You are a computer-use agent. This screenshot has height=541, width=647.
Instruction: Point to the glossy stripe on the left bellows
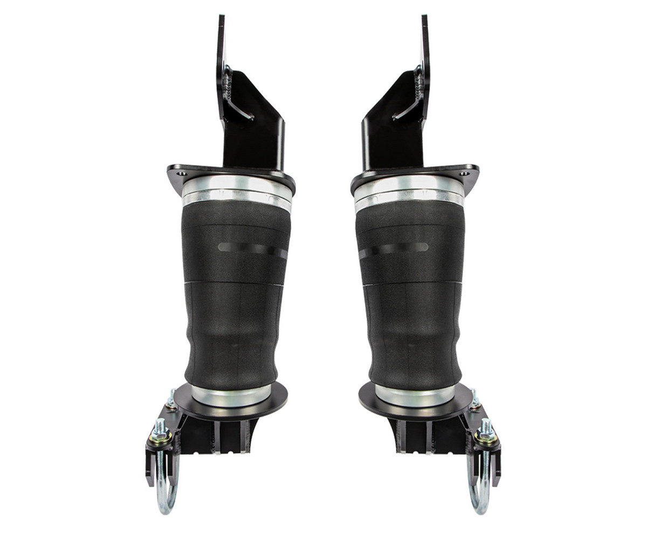[251, 249]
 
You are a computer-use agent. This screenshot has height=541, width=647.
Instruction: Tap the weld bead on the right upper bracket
[418, 86]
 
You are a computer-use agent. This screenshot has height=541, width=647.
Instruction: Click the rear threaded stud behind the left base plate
[172, 399]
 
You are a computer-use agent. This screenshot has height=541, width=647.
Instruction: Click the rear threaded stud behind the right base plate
[474, 399]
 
